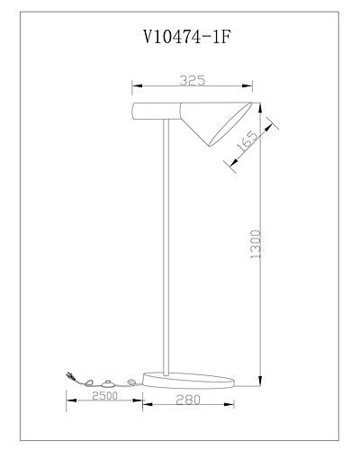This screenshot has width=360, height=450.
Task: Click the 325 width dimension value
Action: point(191,80)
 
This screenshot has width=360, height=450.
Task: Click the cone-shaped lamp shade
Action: point(213,123)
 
